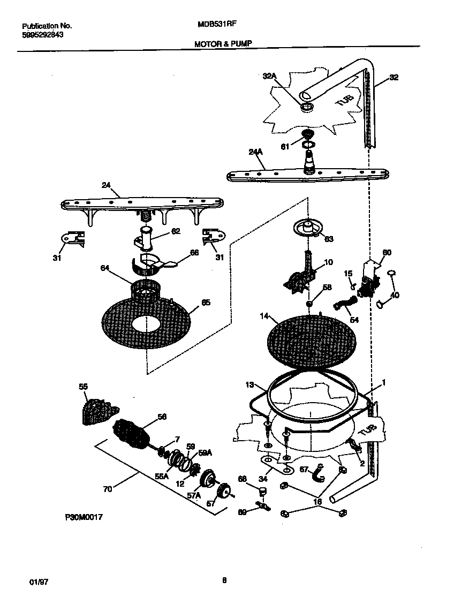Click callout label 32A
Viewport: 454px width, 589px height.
click(269, 77)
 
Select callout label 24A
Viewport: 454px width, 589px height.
click(256, 152)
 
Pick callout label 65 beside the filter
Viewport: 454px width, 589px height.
click(206, 303)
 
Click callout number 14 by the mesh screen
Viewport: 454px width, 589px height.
click(263, 316)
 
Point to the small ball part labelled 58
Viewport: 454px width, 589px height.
click(309, 304)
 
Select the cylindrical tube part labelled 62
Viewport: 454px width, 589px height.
click(147, 238)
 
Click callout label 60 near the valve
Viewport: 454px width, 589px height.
click(387, 252)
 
